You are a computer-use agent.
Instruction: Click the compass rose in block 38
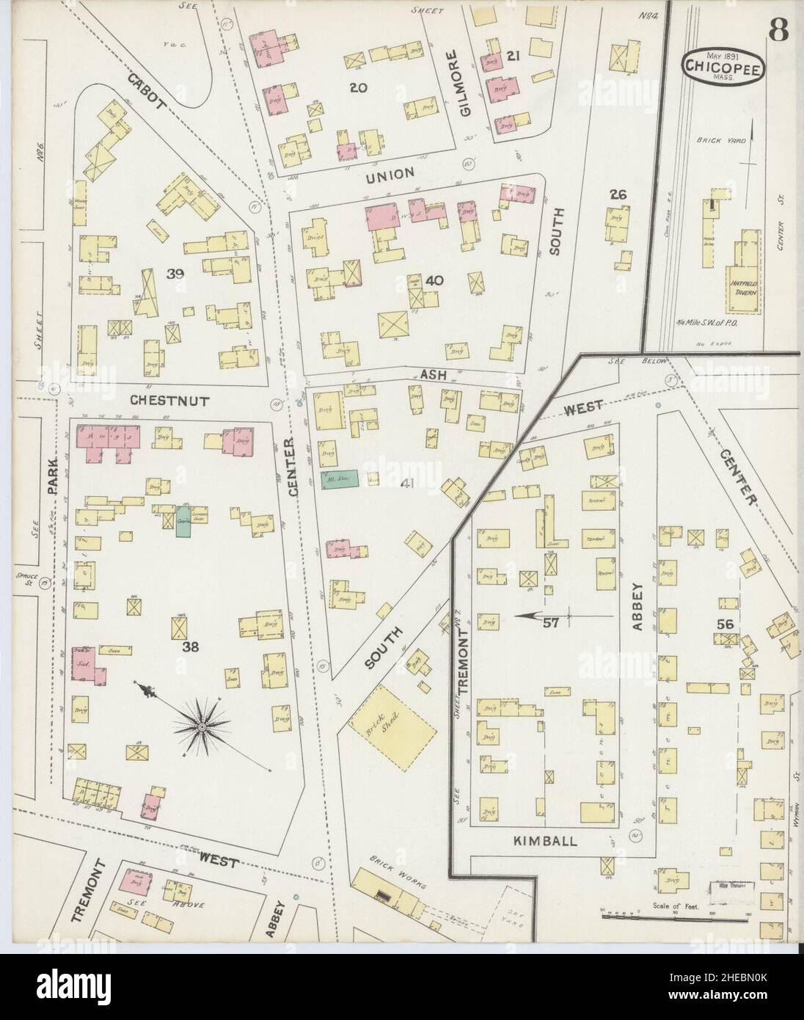(200, 726)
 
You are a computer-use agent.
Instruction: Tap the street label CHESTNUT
(169, 401)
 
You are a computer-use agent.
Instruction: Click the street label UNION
(390, 172)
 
